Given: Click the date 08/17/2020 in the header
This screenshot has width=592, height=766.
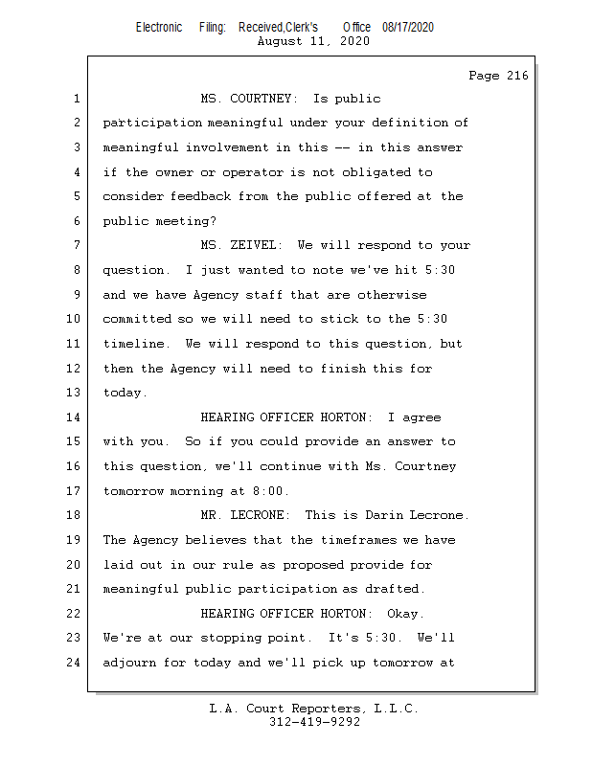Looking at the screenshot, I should pyautogui.click(x=407, y=28).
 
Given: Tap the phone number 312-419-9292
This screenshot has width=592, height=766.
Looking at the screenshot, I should pyautogui.click(x=315, y=723).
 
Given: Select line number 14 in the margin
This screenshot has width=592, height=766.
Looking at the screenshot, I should pyautogui.click(x=76, y=417).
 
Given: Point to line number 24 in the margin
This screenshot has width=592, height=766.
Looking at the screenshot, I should pyautogui.click(x=76, y=663).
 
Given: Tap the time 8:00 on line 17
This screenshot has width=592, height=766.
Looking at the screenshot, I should pyautogui.click(x=270, y=491).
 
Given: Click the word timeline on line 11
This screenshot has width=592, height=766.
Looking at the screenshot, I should pyautogui.click(x=134, y=344).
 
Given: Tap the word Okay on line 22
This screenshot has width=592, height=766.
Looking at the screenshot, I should pyautogui.click(x=405, y=614).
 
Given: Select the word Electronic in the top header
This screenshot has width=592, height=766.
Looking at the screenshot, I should pyautogui.click(x=159, y=28).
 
